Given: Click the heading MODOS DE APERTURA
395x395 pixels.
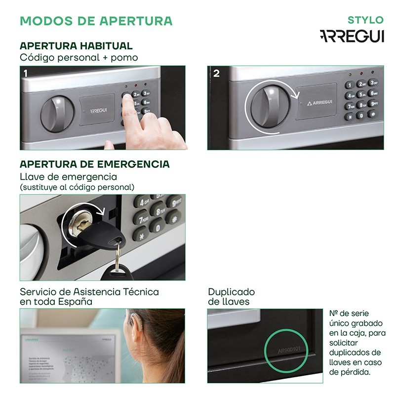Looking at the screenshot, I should click(x=96, y=21).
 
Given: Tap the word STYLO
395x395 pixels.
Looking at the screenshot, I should click(x=365, y=20).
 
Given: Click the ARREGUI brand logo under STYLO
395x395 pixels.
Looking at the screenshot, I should click(x=351, y=37).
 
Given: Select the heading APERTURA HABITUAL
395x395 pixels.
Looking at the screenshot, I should click(x=76, y=46).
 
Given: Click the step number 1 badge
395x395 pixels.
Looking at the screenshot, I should click(x=26, y=73).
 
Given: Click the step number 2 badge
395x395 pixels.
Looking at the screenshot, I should click(x=216, y=73).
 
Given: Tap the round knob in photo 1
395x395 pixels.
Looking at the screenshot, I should click(x=55, y=113).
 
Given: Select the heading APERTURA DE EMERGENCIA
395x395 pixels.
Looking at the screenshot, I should click(x=94, y=164).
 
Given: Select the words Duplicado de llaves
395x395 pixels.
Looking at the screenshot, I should click(x=231, y=297).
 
